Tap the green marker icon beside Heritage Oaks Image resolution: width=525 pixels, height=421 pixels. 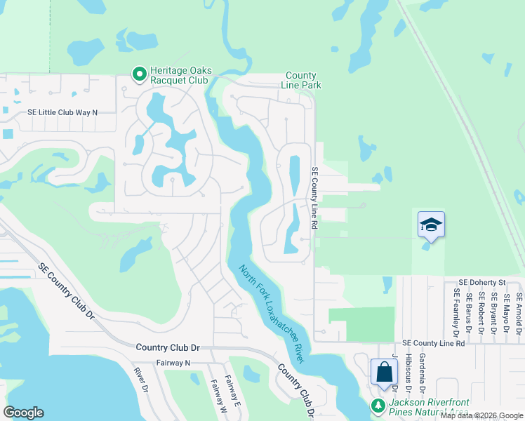pyautogui.click(x=139, y=72)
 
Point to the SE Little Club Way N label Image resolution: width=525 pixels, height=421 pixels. pyautogui.click(x=62, y=112)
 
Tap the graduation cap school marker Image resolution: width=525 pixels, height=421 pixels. pyautogui.click(x=431, y=225)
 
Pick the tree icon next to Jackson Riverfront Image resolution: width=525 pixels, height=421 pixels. pyautogui.click(x=378, y=406)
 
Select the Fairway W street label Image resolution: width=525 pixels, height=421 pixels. pyautogui.click(x=214, y=395)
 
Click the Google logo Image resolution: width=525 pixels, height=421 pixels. pyautogui.click(x=24, y=413)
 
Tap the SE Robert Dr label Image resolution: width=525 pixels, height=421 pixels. pyautogui.click(x=482, y=311)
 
